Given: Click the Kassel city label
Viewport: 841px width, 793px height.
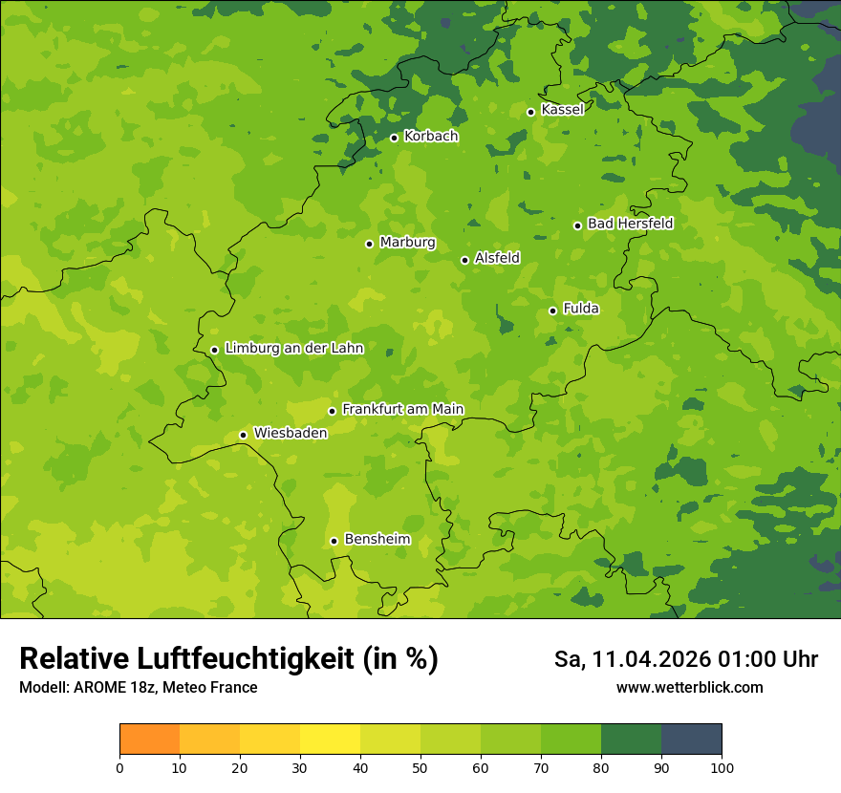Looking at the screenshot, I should (x=562, y=110).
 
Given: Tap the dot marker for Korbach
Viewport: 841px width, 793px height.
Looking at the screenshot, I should (x=394, y=138).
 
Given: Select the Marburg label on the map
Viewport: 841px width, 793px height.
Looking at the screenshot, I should (x=407, y=243).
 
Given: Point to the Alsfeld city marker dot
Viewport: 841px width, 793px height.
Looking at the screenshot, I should (x=464, y=260).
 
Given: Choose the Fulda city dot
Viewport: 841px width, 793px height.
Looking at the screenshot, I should (x=552, y=311).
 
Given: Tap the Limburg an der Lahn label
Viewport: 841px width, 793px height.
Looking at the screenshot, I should (x=293, y=349).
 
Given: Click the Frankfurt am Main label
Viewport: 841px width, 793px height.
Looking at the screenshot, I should (x=402, y=410).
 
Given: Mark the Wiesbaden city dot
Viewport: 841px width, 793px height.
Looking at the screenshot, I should (x=243, y=435).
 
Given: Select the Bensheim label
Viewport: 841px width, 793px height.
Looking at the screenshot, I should (x=377, y=540).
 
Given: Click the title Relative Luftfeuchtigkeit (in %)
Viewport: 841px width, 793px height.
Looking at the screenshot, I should (x=228, y=659).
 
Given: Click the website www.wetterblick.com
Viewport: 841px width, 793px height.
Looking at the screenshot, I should (x=689, y=688).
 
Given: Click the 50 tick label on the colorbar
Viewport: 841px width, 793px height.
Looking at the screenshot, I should (x=420, y=767).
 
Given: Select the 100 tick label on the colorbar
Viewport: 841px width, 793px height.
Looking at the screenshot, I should (x=722, y=767).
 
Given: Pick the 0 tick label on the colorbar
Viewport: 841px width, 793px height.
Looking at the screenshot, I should (x=119, y=767).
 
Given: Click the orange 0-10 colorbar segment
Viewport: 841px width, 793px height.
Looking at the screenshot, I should (x=149, y=739).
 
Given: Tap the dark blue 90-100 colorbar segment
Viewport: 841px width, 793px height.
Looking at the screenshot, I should (x=691, y=739).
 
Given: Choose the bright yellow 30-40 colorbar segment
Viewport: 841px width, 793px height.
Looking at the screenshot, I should (x=330, y=739).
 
